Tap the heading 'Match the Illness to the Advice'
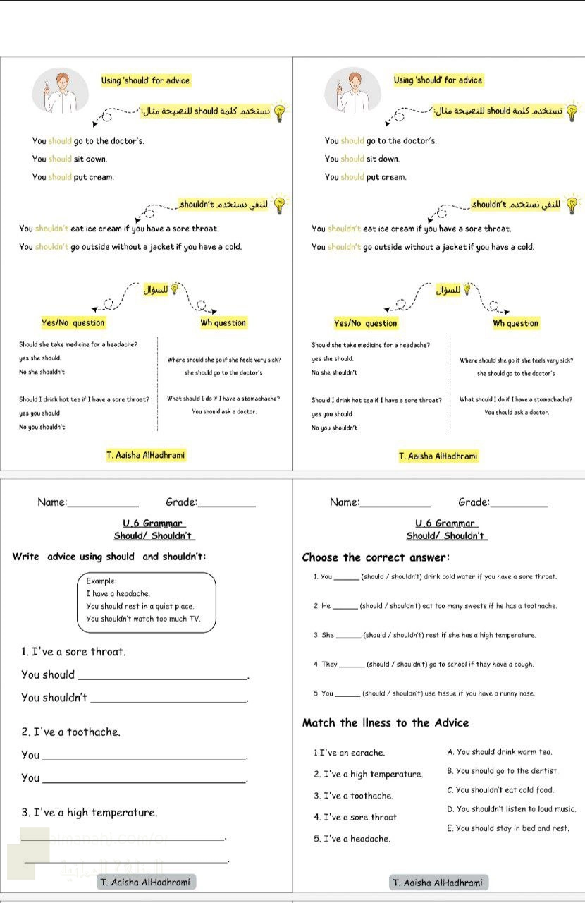click(385, 722)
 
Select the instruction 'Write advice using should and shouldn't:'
click(109, 557)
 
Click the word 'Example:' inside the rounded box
click(101, 581)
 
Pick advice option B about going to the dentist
click(502, 771)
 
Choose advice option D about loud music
click(511, 809)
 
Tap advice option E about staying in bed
click(507, 828)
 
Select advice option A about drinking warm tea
click(499, 752)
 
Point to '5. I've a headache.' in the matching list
click(352, 839)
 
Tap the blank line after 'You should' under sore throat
click(163, 676)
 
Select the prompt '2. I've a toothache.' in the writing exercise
click(70, 732)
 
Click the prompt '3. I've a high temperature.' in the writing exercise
click(90, 813)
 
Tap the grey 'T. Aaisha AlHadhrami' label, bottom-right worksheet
click(438, 883)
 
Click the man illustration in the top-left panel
click(59, 91)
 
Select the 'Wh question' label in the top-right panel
click(515, 323)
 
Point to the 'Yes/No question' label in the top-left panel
click(73, 323)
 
